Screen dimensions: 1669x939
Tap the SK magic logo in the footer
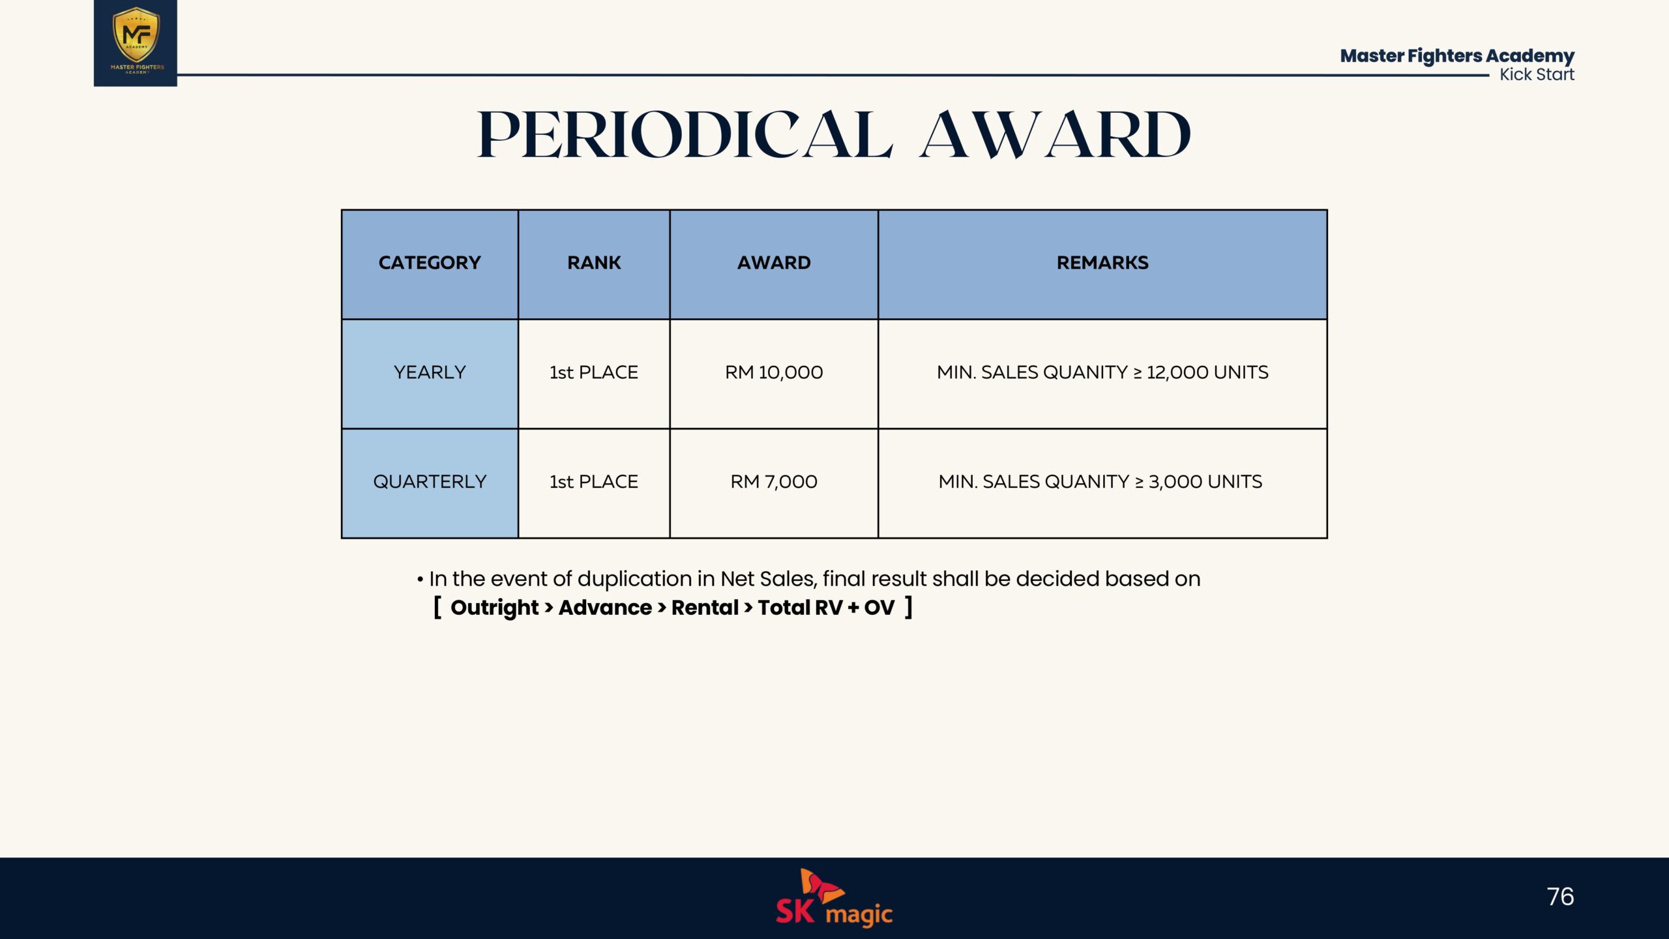[x=834, y=898]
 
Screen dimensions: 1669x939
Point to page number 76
[x=1560, y=897]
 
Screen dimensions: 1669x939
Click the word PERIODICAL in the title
[x=685, y=134]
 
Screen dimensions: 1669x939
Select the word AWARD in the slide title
[x=1055, y=134]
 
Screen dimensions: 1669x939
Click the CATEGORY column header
[x=430, y=263]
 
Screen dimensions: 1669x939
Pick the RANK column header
[x=594, y=263]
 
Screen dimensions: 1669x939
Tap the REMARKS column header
[x=1102, y=263]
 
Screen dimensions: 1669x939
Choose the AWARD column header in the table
[x=774, y=263]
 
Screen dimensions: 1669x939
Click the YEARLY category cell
[x=430, y=372]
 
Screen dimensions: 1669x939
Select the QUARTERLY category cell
[x=430, y=482]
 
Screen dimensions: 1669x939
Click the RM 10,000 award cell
[x=774, y=372]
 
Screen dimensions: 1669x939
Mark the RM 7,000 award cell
[x=774, y=482]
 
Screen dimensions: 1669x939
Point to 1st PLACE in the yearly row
[x=594, y=372]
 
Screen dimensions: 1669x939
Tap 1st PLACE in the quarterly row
[x=594, y=482]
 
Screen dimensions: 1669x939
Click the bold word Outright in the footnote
[x=494, y=608]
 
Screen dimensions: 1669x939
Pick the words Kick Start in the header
[x=1537, y=74]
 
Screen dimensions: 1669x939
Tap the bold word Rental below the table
[x=705, y=608]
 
